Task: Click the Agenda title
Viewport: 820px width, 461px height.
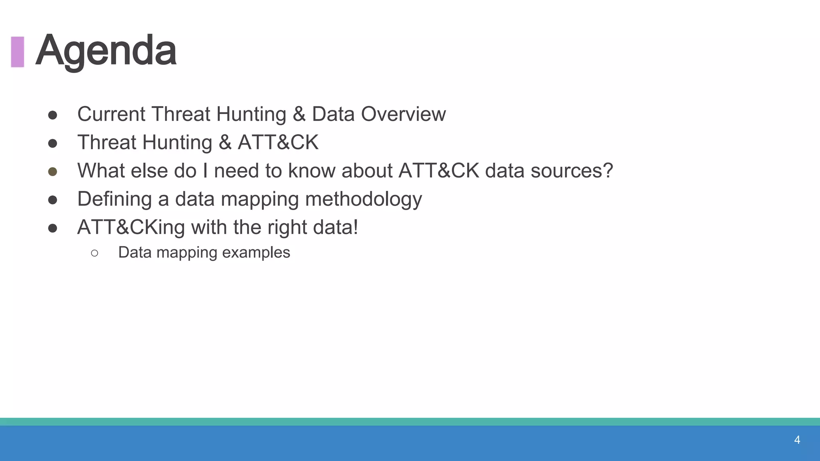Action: [x=106, y=51]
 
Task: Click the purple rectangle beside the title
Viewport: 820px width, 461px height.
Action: [x=18, y=52]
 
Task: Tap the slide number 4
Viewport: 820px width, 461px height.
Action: [x=797, y=440]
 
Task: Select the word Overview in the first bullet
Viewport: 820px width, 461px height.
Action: [x=403, y=114]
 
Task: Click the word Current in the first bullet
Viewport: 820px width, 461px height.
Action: [x=111, y=114]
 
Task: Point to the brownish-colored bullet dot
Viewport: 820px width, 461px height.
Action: [x=52, y=172]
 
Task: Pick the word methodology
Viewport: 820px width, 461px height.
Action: [x=363, y=199]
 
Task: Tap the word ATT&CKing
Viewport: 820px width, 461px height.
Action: [x=131, y=227]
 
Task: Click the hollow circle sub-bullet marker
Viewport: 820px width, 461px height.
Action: [x=94, y=253]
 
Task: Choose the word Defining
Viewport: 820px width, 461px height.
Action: [x=115, y=199]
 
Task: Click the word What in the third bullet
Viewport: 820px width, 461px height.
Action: [x=101, y=171]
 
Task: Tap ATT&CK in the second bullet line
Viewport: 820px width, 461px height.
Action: [x=278, y=142]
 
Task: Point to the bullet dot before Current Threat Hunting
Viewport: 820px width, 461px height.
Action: [x=52, y=115]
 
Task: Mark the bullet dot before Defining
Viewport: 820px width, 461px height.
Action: [x=52, y=200]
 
